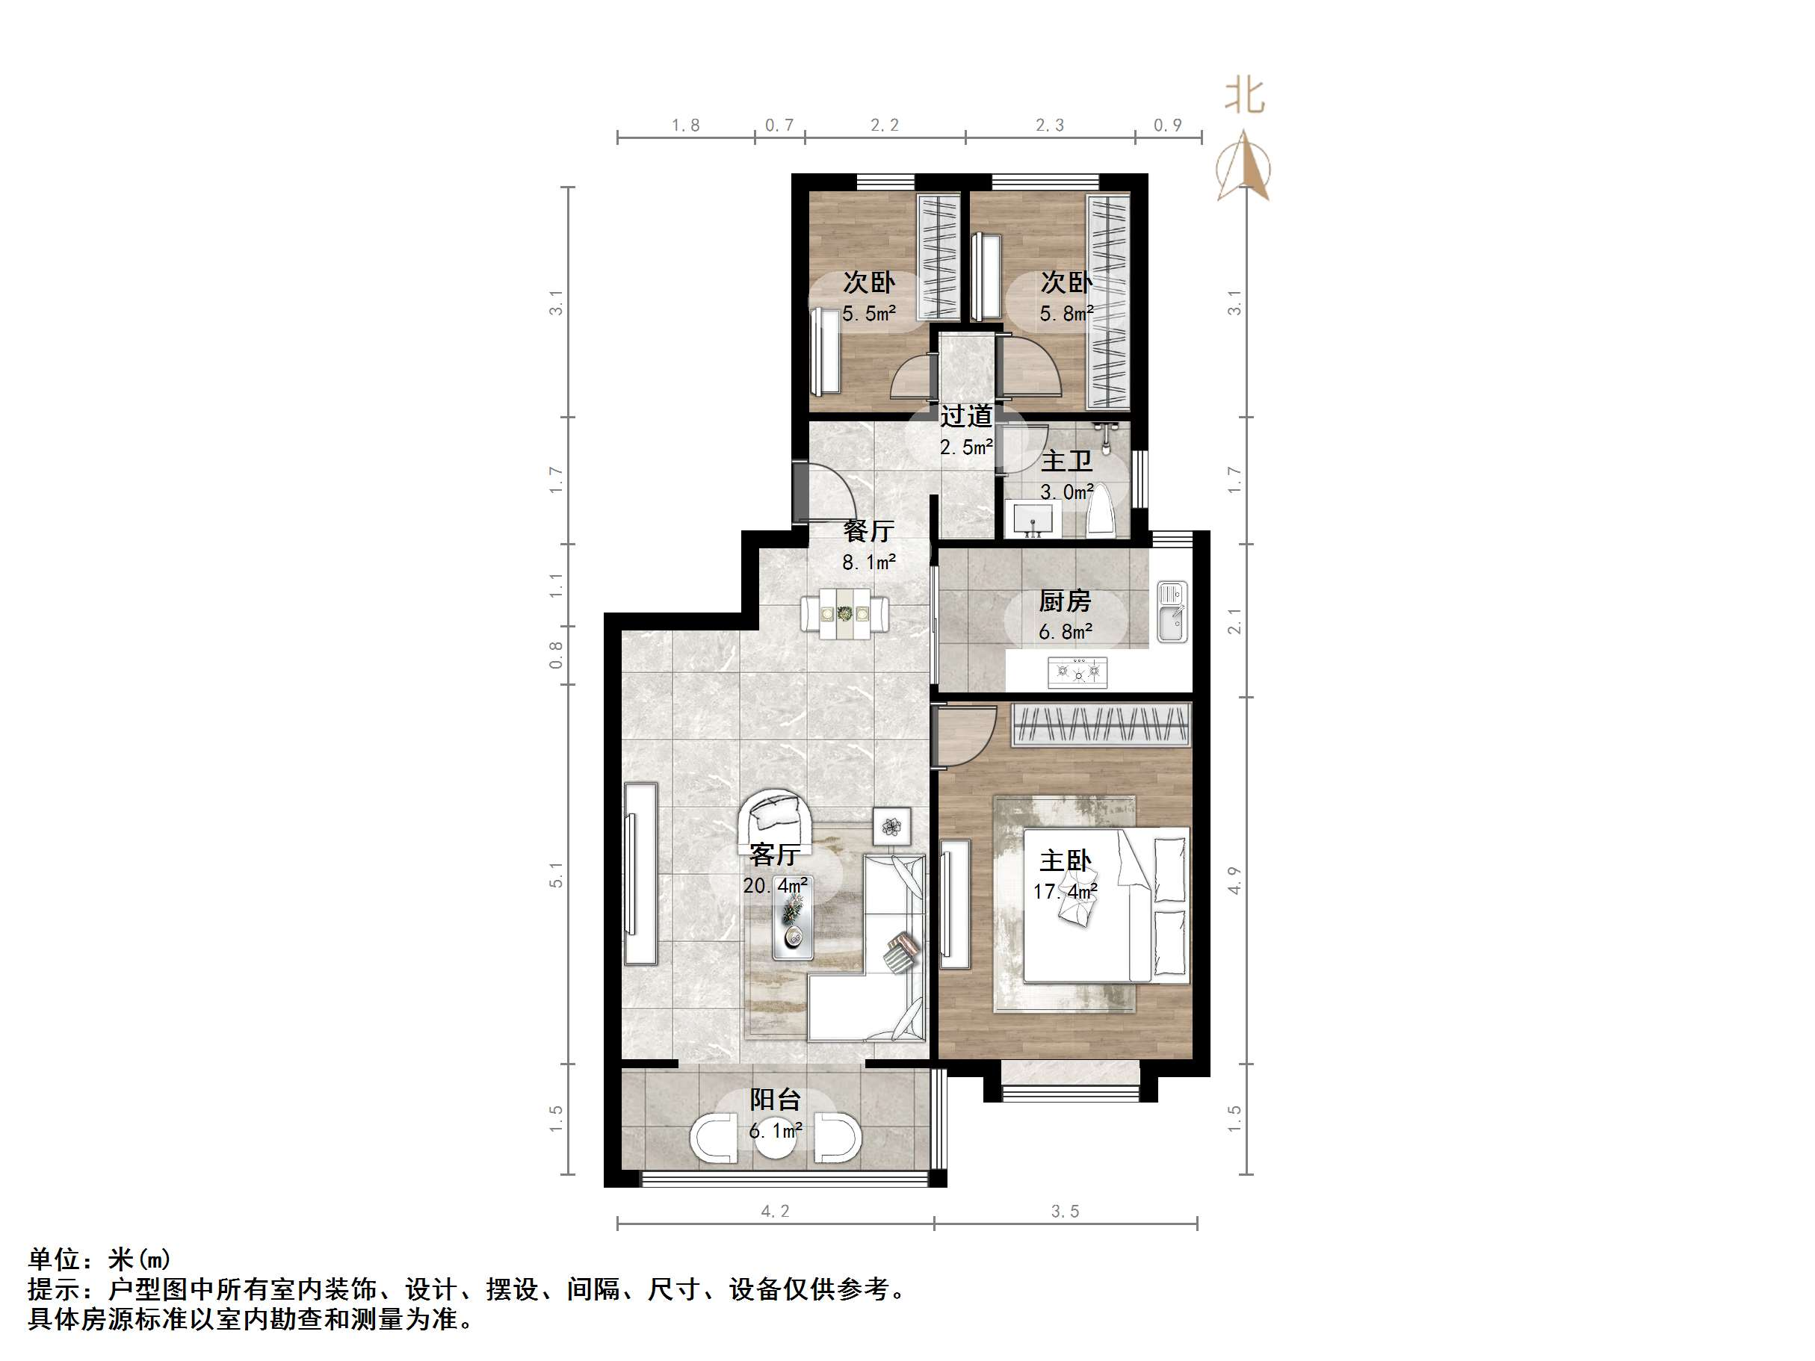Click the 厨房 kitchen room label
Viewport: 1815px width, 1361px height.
1064,601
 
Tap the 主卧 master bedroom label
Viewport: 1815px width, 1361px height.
1065,861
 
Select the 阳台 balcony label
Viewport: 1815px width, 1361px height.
775,1100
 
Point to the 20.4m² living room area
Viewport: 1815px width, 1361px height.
775,886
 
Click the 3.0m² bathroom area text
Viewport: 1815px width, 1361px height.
1066,492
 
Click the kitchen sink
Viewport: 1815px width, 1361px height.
1172,612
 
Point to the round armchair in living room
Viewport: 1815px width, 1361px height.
775,817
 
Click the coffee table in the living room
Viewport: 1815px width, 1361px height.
793,926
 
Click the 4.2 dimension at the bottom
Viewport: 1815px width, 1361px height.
775,1212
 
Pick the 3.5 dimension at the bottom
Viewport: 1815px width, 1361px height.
1065,1212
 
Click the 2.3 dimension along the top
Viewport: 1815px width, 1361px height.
1049,125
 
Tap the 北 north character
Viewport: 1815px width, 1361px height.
1245,96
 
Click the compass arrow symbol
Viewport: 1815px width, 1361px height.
1244,167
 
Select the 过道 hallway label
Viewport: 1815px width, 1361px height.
965,417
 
